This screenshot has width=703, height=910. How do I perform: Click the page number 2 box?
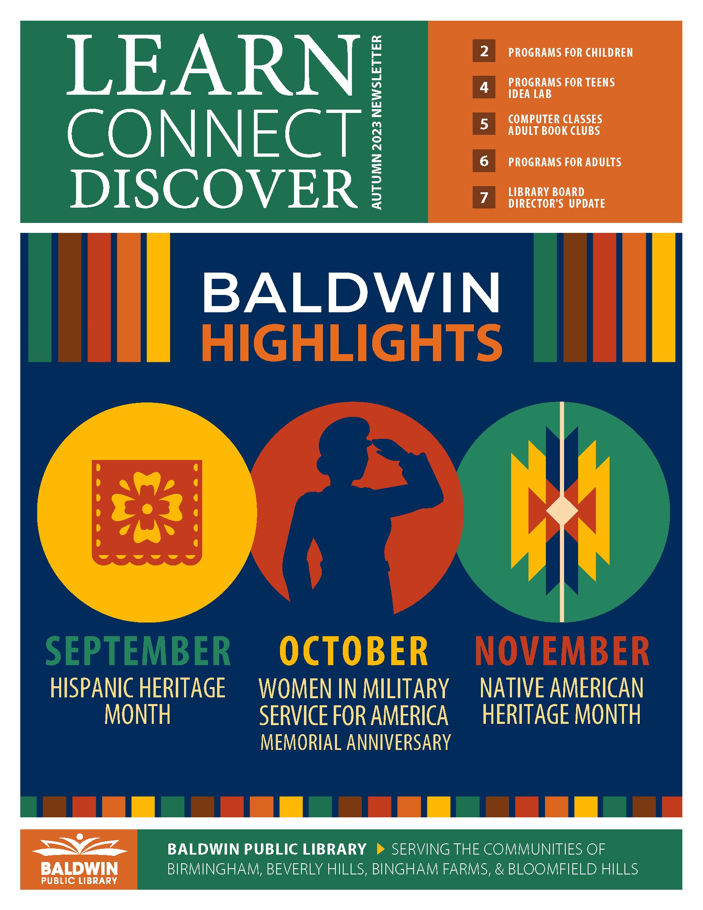coord(483,51)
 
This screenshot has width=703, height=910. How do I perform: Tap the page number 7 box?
coord(483,197)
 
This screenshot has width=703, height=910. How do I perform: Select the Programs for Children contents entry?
coord(570,53)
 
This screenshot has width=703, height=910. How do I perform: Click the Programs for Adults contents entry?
coord(565,162)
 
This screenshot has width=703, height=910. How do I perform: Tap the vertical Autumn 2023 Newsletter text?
coord(376,122)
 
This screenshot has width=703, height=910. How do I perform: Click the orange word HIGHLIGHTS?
coord(352,342)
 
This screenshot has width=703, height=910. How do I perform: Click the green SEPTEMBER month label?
coord(138,651)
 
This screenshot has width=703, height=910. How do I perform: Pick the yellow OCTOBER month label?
coord(354,651)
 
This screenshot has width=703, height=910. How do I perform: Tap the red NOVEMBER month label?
coord(562,651)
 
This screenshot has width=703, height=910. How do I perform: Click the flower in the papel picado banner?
coord(147,509)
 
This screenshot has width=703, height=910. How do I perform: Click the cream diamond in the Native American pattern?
coord(562,510)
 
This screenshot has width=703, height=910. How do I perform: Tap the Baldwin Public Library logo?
coord(79,859)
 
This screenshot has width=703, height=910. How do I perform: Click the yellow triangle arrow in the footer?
coord(380,849)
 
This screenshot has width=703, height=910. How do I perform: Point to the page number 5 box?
coord(483,124)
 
